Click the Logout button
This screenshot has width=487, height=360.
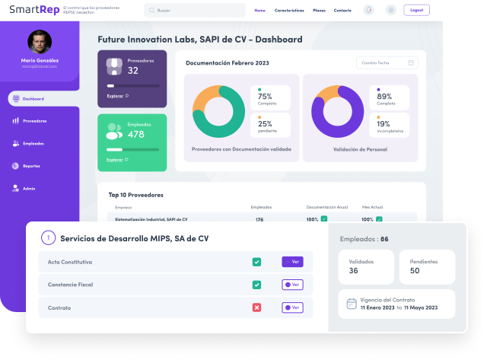tap(415, 10)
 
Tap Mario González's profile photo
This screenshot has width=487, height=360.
tap(40, 42)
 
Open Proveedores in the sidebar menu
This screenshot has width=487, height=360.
tap(34, 121)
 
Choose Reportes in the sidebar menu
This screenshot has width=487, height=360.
tap(31, 166)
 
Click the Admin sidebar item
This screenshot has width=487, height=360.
tap(29, 188)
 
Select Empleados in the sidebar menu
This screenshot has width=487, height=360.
tap(33, 143)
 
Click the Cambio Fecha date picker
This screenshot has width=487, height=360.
tap(387, 62)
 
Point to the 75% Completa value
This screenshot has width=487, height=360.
tap(265, 97)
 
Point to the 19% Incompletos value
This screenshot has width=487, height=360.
tap(384, 123)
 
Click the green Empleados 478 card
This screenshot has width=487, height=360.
tap(132, 142)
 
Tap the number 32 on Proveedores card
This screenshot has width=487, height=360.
tap(133, 70)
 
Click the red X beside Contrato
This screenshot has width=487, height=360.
tap(256, 307)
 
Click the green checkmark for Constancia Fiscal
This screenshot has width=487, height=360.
tap(256, 285)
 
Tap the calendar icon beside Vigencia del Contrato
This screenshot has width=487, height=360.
tap(352, 304)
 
